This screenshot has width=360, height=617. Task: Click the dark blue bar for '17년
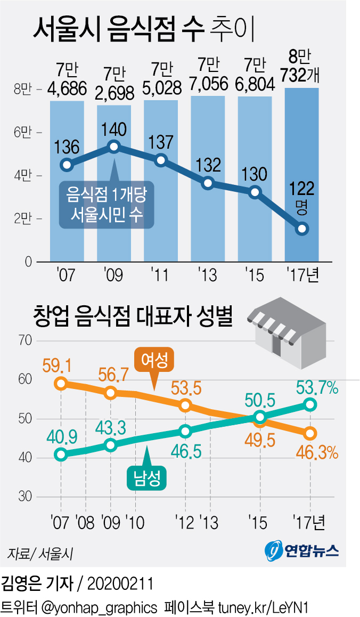pos(302,176)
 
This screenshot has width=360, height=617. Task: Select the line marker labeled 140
pos(113,147)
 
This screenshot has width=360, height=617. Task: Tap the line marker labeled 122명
pos(302,229)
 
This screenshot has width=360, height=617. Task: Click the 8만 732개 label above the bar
pos(302,66)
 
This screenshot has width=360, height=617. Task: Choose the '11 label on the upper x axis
pos(160,275)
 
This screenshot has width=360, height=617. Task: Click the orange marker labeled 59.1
pos(61,384)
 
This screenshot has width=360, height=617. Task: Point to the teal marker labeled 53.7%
pos(310,405)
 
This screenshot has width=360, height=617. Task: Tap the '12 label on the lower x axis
pos(185,522)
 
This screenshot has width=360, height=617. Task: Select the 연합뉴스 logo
pos(302,550)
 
